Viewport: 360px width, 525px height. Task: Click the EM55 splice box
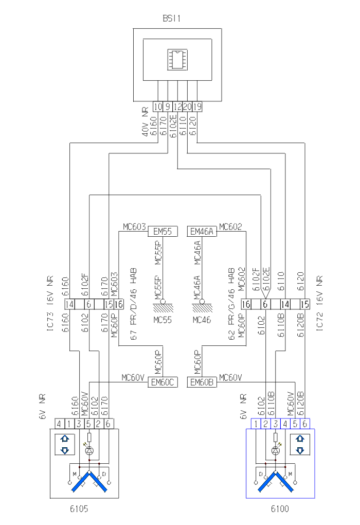163,232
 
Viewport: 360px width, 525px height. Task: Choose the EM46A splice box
202,232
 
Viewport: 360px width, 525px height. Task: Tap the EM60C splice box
163,382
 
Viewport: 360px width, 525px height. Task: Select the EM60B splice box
202,382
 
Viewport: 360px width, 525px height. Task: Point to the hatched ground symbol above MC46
201,307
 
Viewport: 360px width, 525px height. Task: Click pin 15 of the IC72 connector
304,304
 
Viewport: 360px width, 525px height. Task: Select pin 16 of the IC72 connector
246,304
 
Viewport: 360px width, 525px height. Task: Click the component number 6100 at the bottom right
280,510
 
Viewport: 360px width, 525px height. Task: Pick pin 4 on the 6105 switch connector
60,424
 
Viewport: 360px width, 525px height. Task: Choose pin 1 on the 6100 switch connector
256,424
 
